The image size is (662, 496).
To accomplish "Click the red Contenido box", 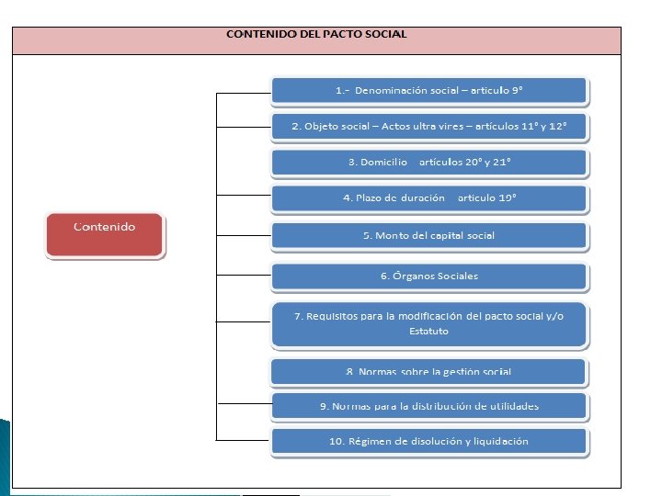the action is point(105,235).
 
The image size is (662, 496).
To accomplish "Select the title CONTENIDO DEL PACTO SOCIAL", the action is point(316,34).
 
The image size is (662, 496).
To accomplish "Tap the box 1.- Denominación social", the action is point(428,91).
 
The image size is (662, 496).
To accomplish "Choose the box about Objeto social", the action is point(428,126).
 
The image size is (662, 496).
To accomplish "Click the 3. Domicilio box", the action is point(428,163).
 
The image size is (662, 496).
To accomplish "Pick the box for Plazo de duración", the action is point(428,198).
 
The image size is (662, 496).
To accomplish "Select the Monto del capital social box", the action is point(428,235).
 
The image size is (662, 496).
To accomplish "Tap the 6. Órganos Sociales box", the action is point(428,276).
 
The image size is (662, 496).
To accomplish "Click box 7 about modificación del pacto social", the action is point(428,323).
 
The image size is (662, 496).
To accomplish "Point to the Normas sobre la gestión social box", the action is point(428,372).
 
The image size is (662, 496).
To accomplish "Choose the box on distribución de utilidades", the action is point(428,406).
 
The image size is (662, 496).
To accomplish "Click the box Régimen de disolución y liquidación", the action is point(428,442).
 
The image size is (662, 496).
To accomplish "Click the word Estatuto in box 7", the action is point(428,332).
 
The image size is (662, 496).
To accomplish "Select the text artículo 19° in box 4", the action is point(487,198).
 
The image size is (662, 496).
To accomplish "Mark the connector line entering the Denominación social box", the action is point(243,93).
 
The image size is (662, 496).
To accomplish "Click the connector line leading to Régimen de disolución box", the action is point(243,440).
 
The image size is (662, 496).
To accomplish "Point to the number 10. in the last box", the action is point(337,442).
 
